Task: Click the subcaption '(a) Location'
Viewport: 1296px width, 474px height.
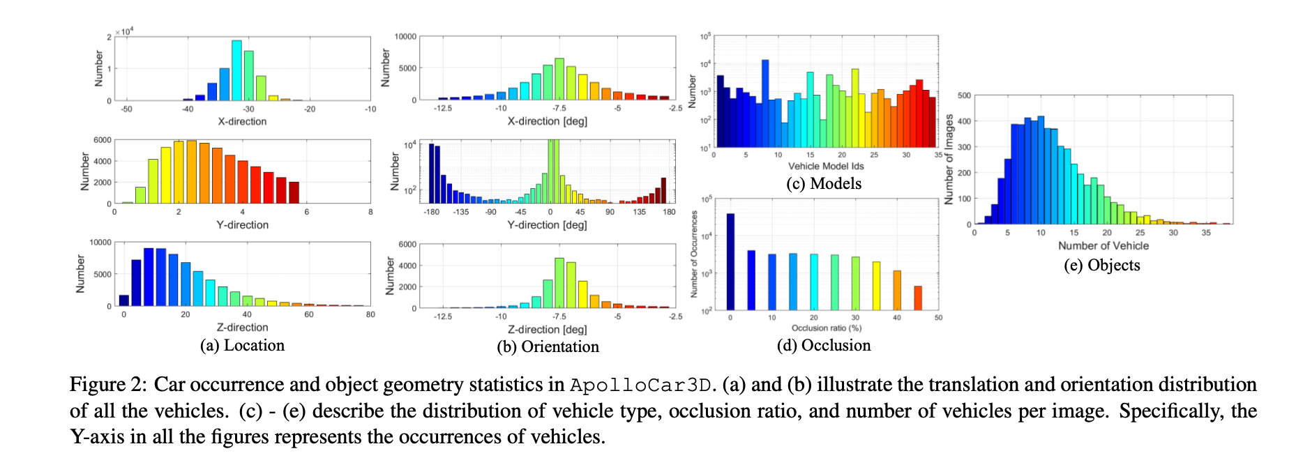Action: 242,346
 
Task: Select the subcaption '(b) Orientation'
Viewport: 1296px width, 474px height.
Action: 548,347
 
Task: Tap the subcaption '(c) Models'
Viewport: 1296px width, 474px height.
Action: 824,183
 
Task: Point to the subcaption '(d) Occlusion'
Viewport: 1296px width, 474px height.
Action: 824,346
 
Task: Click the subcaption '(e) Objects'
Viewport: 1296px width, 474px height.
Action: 1102,266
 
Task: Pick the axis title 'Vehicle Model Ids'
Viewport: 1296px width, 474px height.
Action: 826,166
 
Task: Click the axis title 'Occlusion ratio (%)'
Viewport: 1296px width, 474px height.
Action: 827,328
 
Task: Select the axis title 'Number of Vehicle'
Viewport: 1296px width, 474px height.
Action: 1103,245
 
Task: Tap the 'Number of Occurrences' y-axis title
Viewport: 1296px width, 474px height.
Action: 694,254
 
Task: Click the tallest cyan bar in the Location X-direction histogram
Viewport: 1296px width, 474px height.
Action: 236,70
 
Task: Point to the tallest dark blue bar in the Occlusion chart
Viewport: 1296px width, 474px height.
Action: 730,261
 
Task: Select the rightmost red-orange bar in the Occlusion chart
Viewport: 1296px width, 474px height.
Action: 918,298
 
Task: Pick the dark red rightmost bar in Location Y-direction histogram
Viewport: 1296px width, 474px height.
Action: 294,192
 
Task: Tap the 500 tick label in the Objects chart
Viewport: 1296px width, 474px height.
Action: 964,95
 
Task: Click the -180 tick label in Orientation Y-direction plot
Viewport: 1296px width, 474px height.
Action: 432,212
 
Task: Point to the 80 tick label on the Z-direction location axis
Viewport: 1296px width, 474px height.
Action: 370,314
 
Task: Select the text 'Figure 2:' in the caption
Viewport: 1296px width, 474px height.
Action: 108,385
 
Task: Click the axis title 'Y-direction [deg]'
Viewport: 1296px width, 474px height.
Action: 548,225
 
